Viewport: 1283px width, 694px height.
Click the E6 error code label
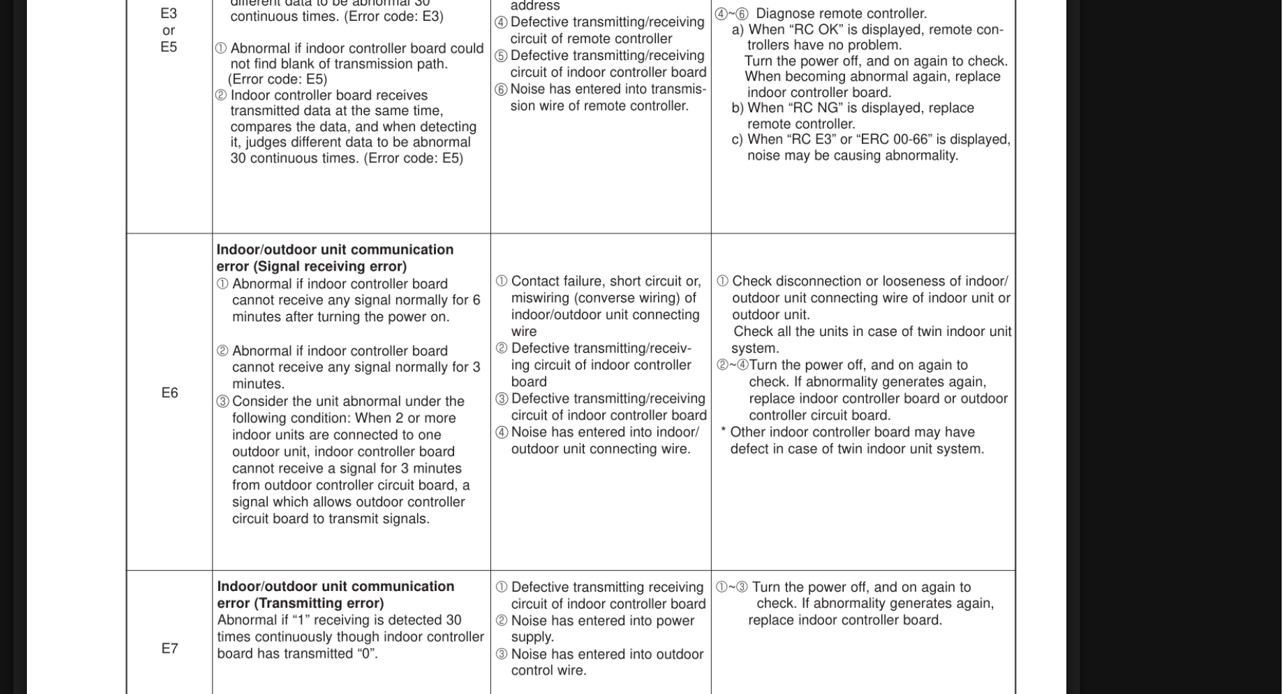[x=170, y=393]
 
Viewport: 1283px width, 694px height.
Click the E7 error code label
[x=170, y=649]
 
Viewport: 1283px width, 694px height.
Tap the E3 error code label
[x=168, y=13]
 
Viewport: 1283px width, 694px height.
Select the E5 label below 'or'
[x=168, y=47]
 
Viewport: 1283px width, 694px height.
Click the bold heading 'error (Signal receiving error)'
[x=311, y=267]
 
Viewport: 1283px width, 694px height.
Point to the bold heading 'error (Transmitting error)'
[x=300, y=603]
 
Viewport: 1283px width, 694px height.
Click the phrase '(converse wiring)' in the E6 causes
[x=630, y=298]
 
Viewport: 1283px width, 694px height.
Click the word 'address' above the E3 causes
[x=535, y=6]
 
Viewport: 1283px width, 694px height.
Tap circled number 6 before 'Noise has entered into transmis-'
[x=501, y=90]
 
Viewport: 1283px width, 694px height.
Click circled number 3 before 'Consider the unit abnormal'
[x=223, y=402]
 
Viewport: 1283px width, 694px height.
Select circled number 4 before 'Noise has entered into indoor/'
[x=502, y=433]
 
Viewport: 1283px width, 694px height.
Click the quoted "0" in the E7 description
[x=367, y=654]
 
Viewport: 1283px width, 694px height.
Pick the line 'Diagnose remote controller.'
[x=841, y=14]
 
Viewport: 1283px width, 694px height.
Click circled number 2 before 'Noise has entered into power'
[x=502, y=621]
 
